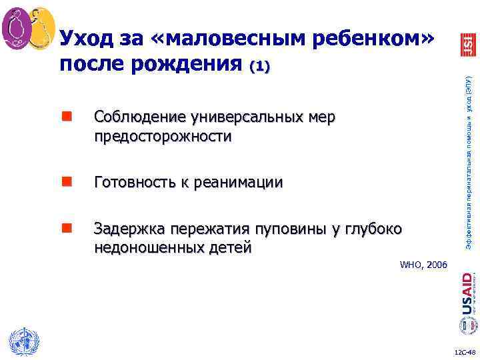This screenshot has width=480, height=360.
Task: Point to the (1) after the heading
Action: pos(259,67)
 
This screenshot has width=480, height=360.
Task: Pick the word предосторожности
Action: pos(163,137)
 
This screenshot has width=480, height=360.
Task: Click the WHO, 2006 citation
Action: pos(423,265)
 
